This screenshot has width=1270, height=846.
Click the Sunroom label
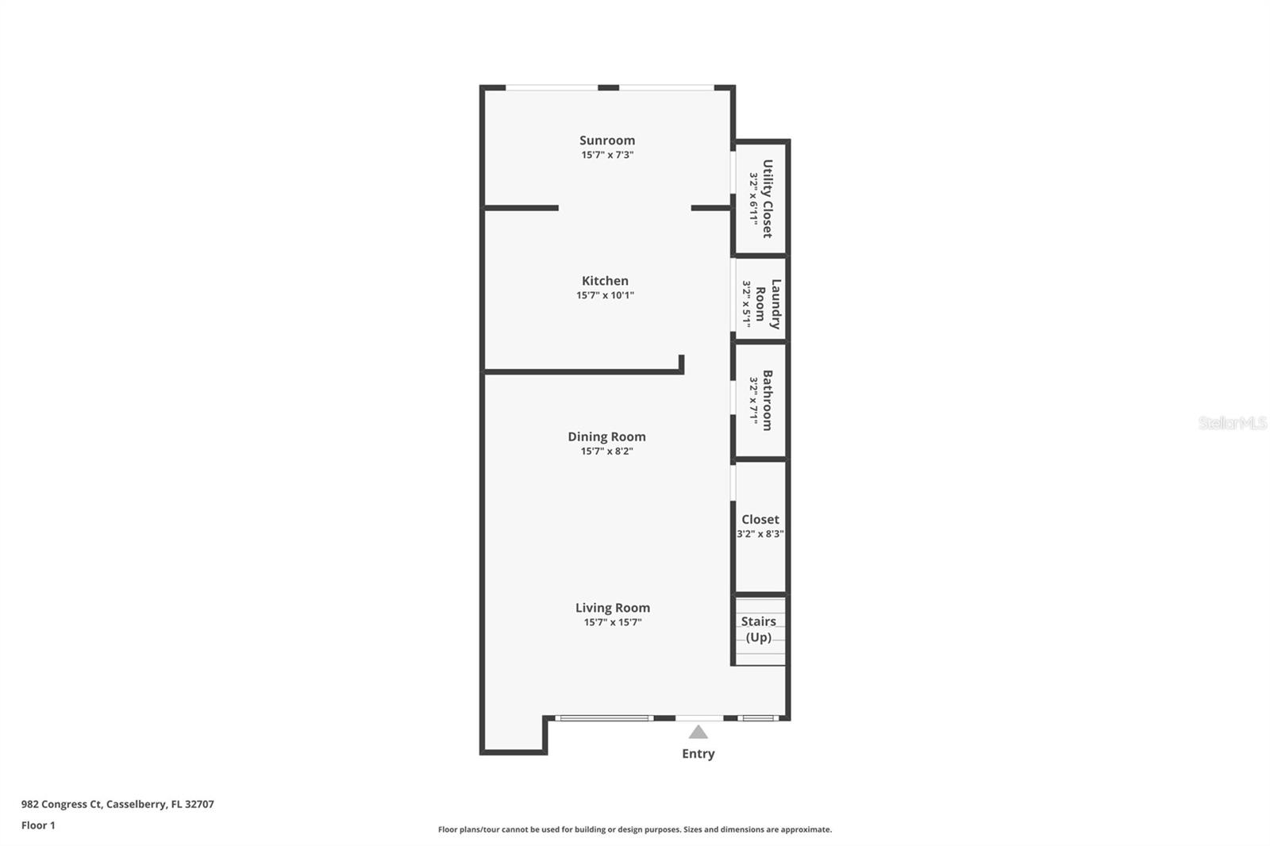coord(606,140)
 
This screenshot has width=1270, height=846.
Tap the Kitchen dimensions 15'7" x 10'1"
coord(605,295)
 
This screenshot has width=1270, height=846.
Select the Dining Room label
coord(606,436)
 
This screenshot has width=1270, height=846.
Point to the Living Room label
coord(612,608)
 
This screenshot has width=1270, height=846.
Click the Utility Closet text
coord(767,198)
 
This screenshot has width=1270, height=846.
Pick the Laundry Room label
coord(768,304)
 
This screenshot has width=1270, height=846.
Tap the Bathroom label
coord(767,400)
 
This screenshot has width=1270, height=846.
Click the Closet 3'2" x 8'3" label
coord(760,525)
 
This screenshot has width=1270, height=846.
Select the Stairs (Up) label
coord(758,629)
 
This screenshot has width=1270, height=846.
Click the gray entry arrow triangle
coord(698,733)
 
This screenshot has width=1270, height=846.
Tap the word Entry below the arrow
coord(698,754)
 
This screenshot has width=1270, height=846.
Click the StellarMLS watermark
coord(1232,423)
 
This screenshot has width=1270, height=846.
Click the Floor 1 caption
coord(38,825)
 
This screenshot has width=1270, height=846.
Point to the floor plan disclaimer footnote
coord(635,829)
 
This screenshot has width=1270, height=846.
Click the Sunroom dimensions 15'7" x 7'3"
coord(606,155)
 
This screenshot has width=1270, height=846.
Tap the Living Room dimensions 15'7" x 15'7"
coord(612,622)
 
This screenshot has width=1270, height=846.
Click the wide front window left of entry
coord(605,718)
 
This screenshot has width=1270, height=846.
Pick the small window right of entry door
coord(756,718)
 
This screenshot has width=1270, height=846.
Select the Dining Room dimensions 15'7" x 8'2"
coord(606,451)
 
